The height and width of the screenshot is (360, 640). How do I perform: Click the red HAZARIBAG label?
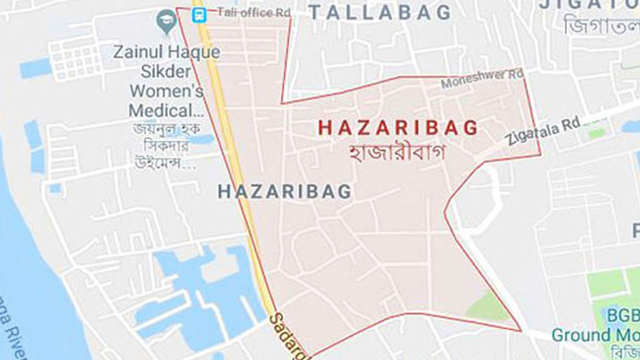pyautogui.click(x=398, y=128)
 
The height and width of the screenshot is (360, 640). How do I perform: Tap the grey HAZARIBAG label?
pyautogui.click(x=284, y=191)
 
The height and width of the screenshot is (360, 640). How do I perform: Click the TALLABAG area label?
pyautogui.click(x=379, y=12)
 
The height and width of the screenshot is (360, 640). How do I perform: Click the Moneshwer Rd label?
pyautogui.click(x=482, y=79)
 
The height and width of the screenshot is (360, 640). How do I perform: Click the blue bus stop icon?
pyautogui.click(x=198, y=15)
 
